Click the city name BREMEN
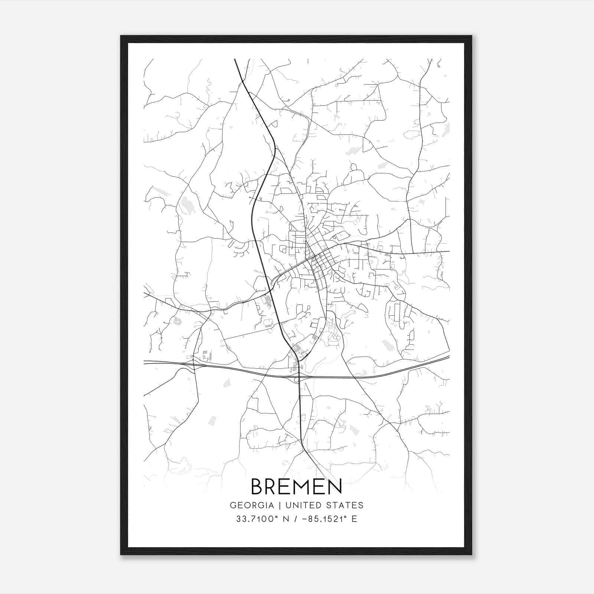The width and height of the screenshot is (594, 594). click(296, 486)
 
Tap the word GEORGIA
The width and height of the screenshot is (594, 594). click(252, 505)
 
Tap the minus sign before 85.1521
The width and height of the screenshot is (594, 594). click(306, 519)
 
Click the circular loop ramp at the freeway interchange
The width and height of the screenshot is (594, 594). click(296, 380)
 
